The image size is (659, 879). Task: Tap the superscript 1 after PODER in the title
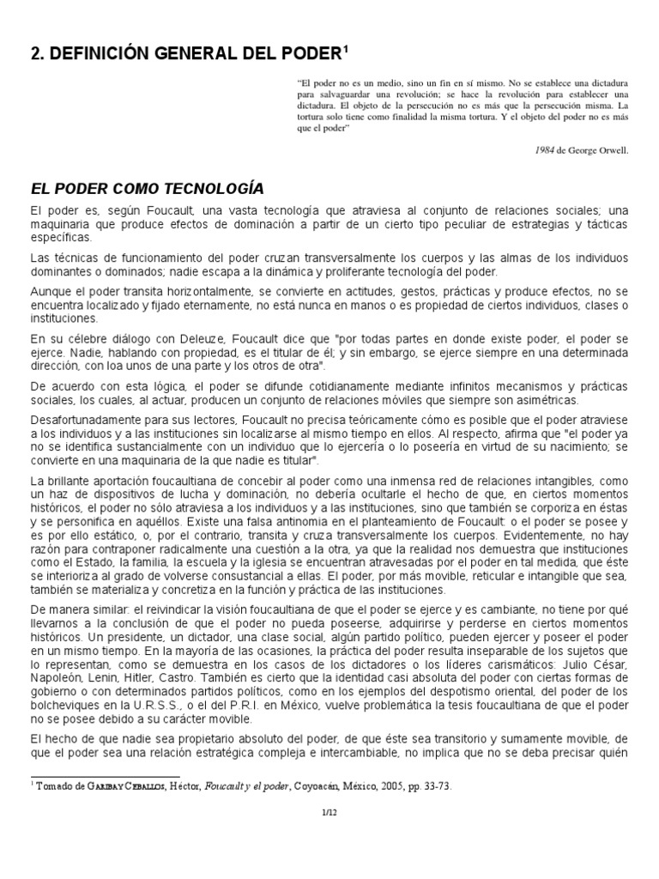[x=346, y=48]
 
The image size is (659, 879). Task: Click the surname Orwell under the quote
[x=613, y=149]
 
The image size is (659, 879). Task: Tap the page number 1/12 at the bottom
[x=329, y=811]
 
